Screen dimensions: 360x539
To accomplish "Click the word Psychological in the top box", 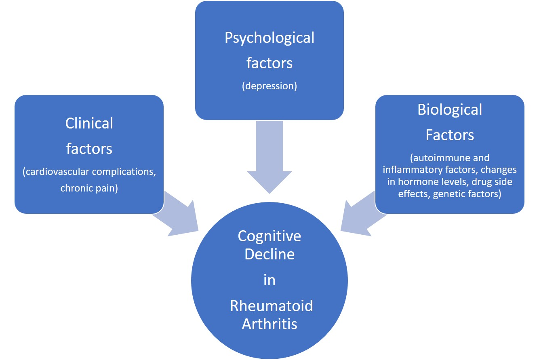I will coord(269,38).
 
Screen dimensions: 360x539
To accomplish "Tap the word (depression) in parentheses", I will coord(269,86).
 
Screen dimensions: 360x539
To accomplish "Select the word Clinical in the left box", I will coord(89,123).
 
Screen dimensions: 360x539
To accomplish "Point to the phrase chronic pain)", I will coord(89,188).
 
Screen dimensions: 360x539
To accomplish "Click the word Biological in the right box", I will coord(450,109).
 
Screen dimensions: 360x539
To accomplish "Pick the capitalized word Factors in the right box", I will coord(450,135).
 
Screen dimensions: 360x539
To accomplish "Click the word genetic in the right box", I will coord(448,194).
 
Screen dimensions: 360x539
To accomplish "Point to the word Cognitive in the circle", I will coord(269,236).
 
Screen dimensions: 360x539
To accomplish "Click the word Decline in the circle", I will coord(269,255).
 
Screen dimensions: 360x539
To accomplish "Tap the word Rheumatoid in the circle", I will coord(271,306).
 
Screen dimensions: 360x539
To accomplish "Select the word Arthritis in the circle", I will coord(269,324).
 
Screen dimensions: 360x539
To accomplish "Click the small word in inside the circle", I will coord(269,280).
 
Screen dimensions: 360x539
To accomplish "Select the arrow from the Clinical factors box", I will coord(178,214).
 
